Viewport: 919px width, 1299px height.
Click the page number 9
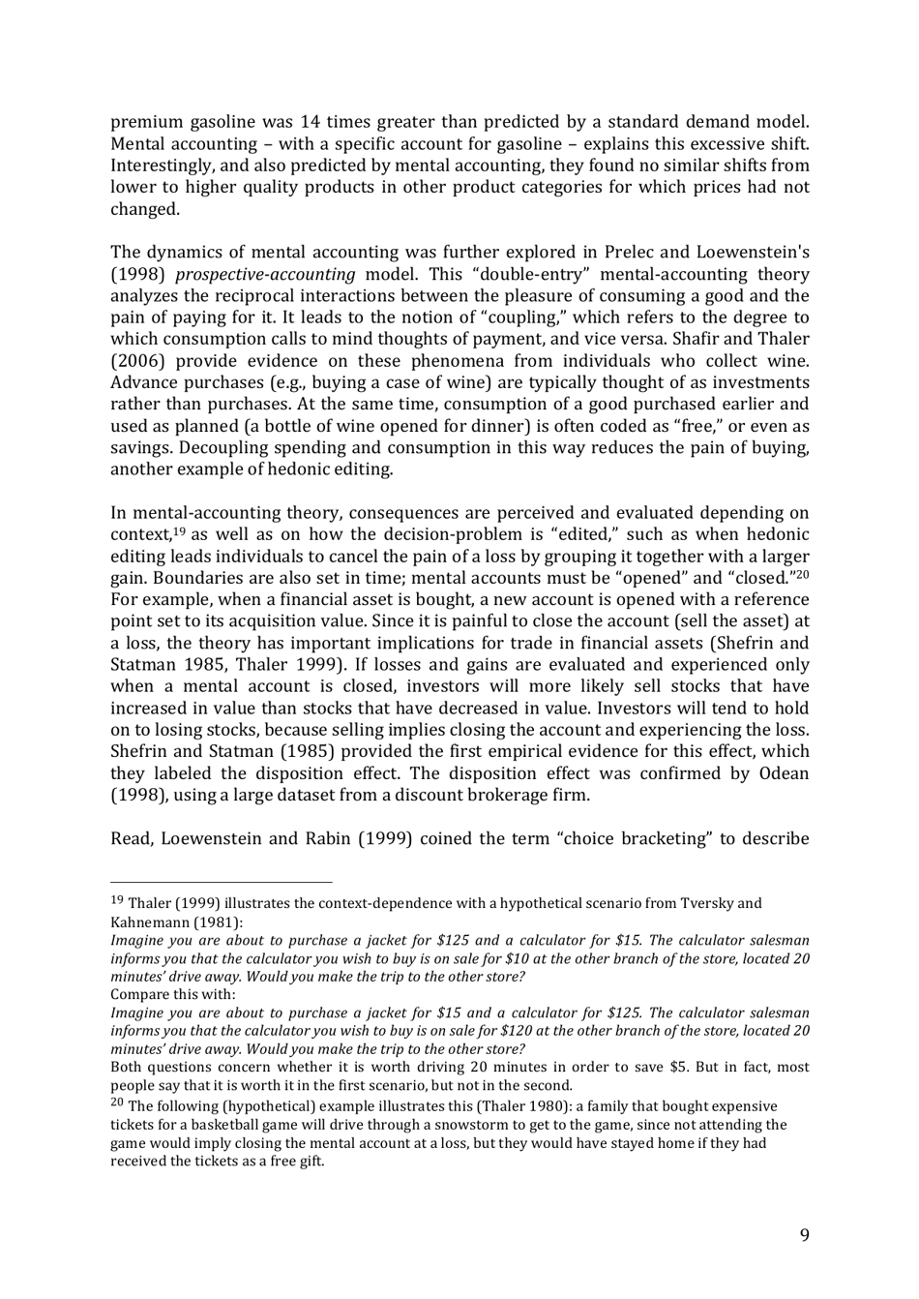click(x=804, y=1234)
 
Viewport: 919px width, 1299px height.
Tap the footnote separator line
click(x=221, y=882)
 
